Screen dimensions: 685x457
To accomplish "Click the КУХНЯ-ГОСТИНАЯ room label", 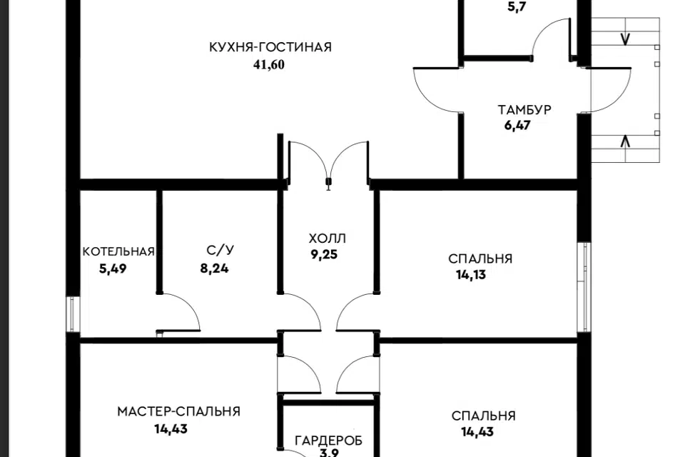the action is (x=270, y=47).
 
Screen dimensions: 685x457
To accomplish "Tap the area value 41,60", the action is (x=269, y=65).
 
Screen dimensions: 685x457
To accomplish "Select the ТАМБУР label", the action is (x=524, y=109).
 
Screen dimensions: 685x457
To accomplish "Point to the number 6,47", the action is (x=517, y=126).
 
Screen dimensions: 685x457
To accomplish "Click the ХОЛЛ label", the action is (x=328, y=238).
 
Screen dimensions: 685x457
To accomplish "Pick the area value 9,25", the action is (x=324, y=254).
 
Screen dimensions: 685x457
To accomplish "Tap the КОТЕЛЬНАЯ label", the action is (x=118, y=251).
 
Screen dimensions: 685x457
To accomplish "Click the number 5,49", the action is (x=113, y=268).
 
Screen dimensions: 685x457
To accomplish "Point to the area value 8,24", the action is (x=214, y=268).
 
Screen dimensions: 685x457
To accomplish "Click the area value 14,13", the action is (x=471, y=275).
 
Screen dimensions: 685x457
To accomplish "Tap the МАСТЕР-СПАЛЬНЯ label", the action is (x=178, y=411).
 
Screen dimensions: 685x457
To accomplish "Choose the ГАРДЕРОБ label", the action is (x=328, y=441).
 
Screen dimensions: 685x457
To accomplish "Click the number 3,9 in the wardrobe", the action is (x=328, y=453).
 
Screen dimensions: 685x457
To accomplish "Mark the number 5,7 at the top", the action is (x=517, y=7).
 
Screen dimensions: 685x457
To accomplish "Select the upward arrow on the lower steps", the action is (x=625, y=142).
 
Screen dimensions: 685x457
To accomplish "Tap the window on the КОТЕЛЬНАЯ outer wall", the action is (x=73, y=314).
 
